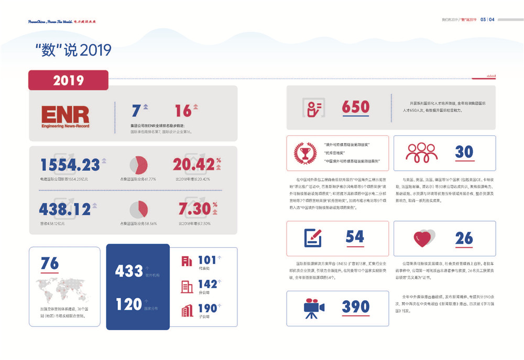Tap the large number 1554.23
(x=70, y=165)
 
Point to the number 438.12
(x=65, y=209)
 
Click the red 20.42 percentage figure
(x=193, y=164)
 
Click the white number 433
(x=129, y=271)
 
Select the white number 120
(x=129, y=304)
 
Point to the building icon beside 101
(x=187, y=260)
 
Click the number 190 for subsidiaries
(x=208, y=309)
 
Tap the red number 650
(x=356, y=107)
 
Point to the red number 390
(x=356, y=307)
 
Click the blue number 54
(x=355, y=237)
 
